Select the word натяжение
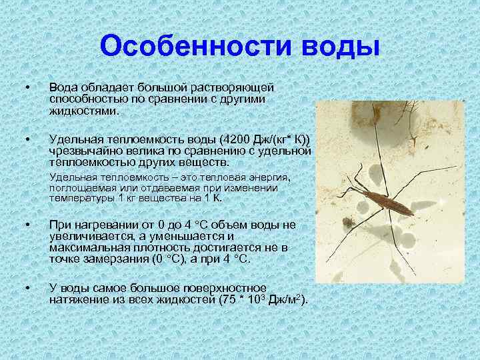coord(81,301)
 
